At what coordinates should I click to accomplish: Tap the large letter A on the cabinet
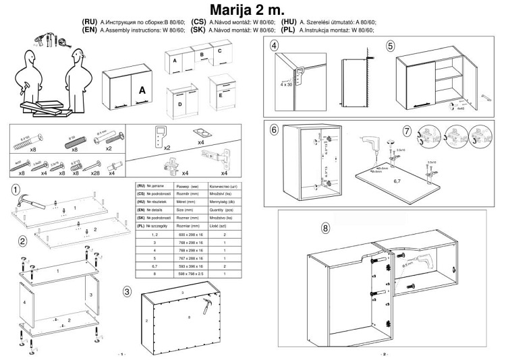tap(142, 90)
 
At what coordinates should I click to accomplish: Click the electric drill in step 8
tap(409, 260)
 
